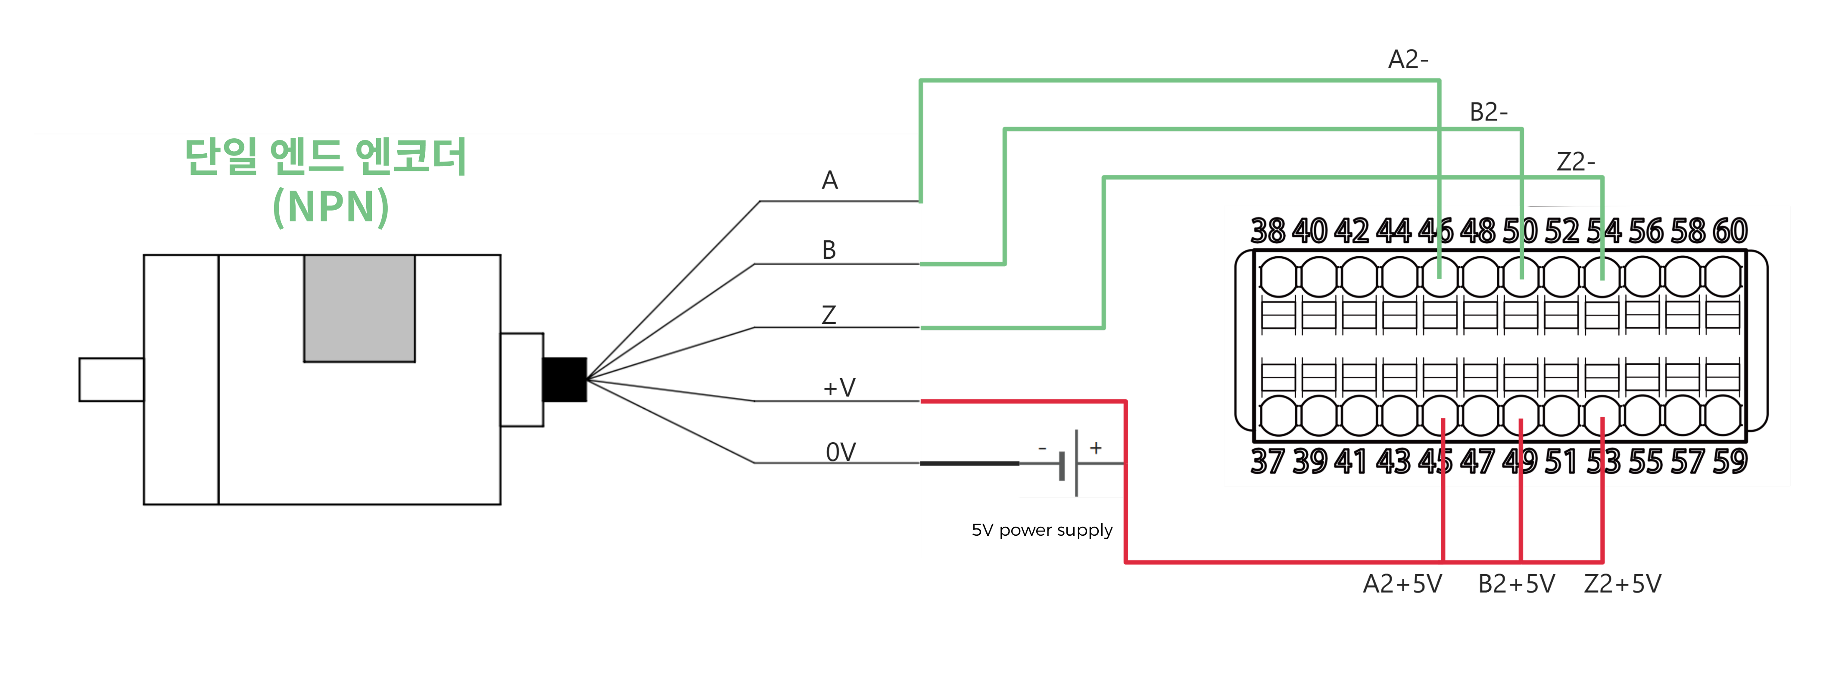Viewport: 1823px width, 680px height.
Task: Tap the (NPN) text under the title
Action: click(330, 207)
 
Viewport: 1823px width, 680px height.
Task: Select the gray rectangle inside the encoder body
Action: click(359, 308)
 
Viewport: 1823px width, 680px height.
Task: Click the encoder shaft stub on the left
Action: click(111, 380)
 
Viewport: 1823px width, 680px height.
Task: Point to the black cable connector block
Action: click(564, 380)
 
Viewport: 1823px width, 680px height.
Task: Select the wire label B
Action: click(829, 250)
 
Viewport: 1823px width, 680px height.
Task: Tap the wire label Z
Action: click(829, 314)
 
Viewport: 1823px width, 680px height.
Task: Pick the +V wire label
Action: click(839, 387)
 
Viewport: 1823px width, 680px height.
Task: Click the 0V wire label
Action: click(841, 451)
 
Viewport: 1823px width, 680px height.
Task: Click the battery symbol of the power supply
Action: click(1069, 463)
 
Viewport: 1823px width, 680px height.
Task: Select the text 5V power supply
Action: click(1042, 530)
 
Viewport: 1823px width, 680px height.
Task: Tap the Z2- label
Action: click(1575, 162)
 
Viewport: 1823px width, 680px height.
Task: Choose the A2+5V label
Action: click(1402, 584)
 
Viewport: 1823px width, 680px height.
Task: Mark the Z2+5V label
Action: click(1622, 584)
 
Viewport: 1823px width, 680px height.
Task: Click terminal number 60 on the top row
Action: click(1730, 231)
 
